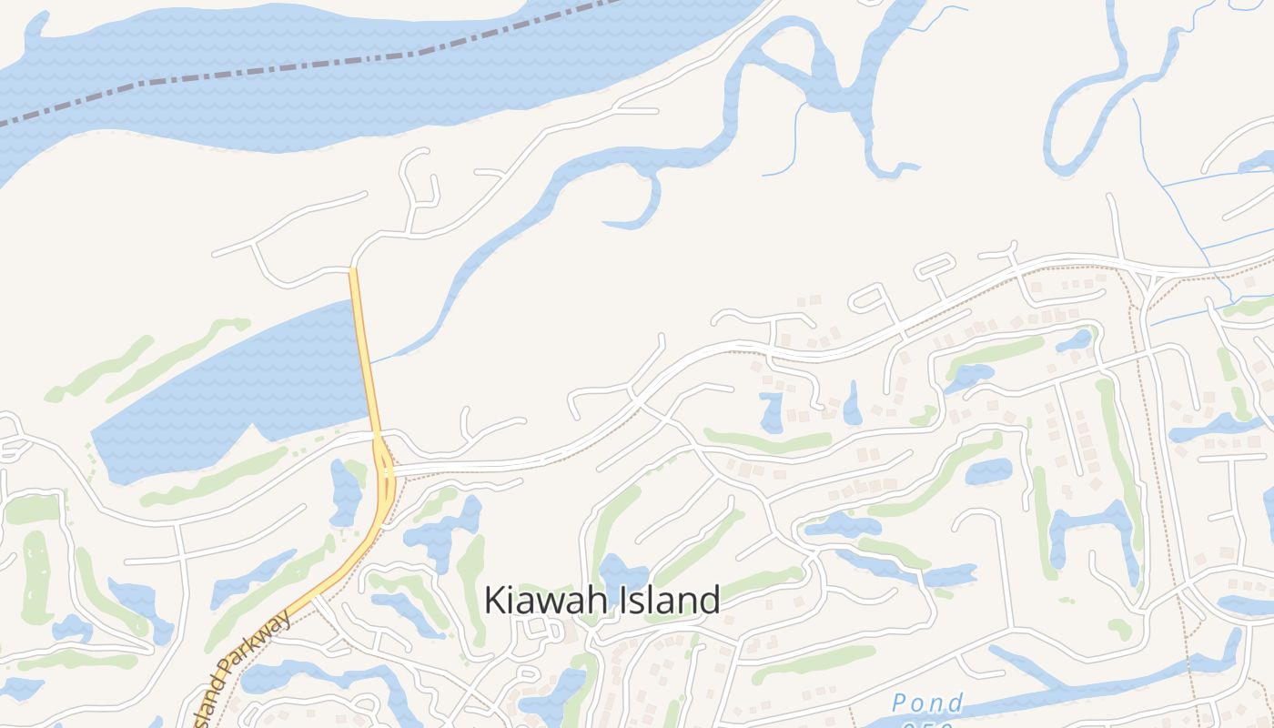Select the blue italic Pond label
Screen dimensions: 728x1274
[x=926, y=703]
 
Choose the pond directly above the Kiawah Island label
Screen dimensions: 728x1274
[x=622, y=575]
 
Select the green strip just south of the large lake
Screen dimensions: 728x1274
[x=218, y=473]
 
